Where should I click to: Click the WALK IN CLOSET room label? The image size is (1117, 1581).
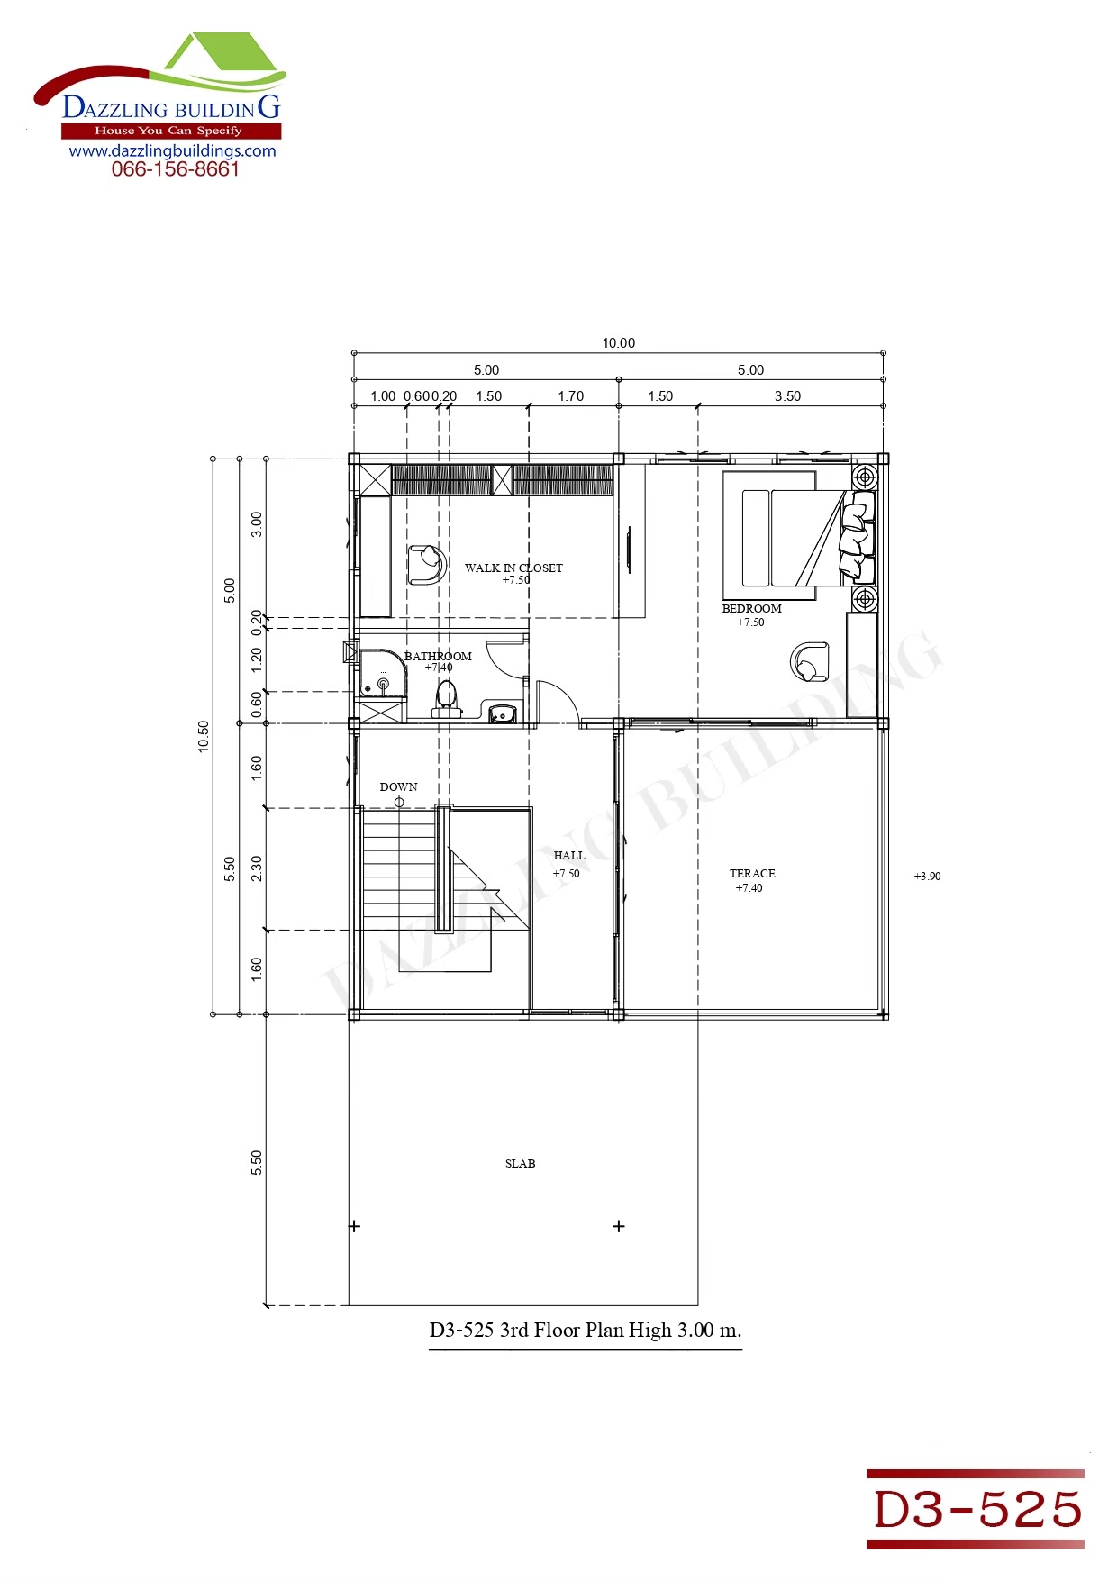[x=513, y=568]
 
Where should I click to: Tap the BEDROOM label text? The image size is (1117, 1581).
[x=751, y=608]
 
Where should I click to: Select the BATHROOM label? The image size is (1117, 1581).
[x=438, y=656]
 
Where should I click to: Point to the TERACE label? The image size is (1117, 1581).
[x=752, y=873]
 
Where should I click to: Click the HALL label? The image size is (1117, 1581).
[x=568, y=855]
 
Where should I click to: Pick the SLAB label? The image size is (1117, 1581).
[x=520, y=1163]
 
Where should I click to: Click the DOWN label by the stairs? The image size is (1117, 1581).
[x=398, y=786]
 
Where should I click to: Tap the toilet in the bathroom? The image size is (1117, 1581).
[x=446, y=699]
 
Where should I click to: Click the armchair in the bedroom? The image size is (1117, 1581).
[x=809, y=661]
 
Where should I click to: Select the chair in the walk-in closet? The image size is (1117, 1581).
[x=427, y=564]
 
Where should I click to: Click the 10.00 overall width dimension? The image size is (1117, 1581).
[x=619, y=342]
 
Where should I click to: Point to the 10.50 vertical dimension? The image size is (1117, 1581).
[x=204, y=736]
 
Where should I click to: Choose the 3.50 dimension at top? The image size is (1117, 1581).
[x=787, y=395]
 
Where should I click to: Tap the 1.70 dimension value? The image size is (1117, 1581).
[x=570, y=395]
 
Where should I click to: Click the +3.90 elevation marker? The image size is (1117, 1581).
[x=927, y=876]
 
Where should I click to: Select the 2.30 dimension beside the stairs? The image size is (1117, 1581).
[x=257, y=868]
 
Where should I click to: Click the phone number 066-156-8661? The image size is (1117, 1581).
[x=176, y=169]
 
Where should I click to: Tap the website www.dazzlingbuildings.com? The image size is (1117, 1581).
[x=173, y=150]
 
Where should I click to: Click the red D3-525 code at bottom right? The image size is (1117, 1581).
[x=977, y=1509]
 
